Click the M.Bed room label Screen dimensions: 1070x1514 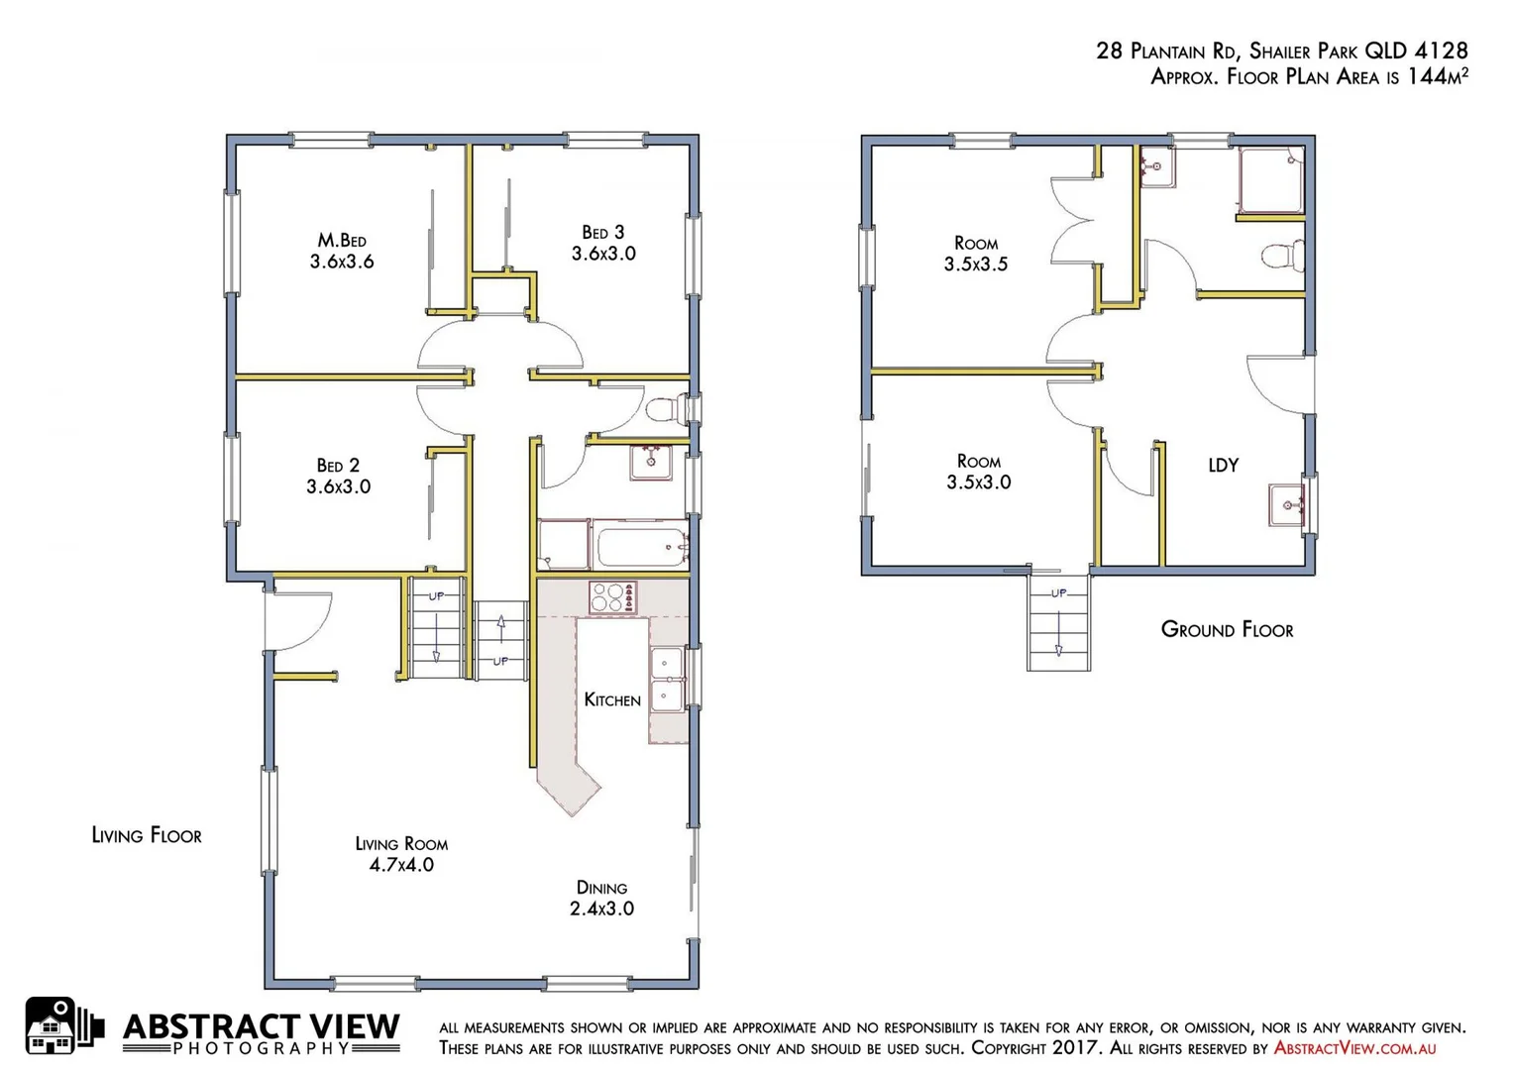[342, 240]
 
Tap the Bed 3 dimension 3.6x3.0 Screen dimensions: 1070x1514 [603, 254]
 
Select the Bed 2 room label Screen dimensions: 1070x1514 [338, 465]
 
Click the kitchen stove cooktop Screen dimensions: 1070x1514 [612, 597]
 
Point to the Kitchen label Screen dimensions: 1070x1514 [612, 700]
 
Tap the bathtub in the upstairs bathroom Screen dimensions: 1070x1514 [640, 547]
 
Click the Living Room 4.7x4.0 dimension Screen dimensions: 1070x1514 [401, 865]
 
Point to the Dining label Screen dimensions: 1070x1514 [601, 888]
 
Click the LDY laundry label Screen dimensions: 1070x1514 [1223, 465]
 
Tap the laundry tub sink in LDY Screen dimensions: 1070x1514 [1287, 505]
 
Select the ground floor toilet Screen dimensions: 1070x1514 [1283, 256]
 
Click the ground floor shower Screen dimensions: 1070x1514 [1270, 180]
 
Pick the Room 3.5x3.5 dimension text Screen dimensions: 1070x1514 [976, 265]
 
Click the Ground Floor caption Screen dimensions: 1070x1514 [1227, 630]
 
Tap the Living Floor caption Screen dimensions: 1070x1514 [147, 835]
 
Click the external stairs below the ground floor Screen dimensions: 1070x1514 [1058, 624]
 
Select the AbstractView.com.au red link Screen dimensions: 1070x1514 [1354, 1048]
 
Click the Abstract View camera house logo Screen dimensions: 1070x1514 [62, 1026]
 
